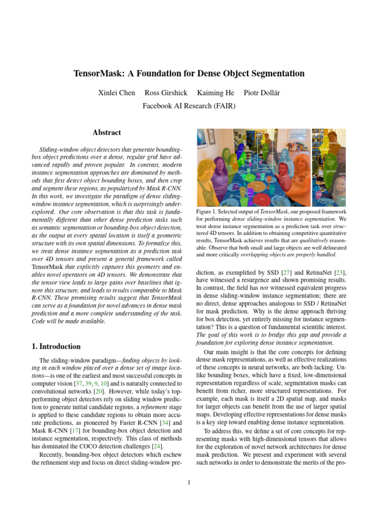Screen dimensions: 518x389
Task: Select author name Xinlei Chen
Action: point(116,93)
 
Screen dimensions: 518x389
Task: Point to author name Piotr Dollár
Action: point(262,93)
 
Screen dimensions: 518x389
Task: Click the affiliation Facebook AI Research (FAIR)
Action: point(189,106)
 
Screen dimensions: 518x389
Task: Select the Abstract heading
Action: point(107,133)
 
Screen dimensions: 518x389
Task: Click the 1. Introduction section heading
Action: point(56,347)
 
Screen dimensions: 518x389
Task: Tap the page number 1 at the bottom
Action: point(188,483)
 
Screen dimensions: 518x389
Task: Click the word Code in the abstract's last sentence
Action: point(40,322)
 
